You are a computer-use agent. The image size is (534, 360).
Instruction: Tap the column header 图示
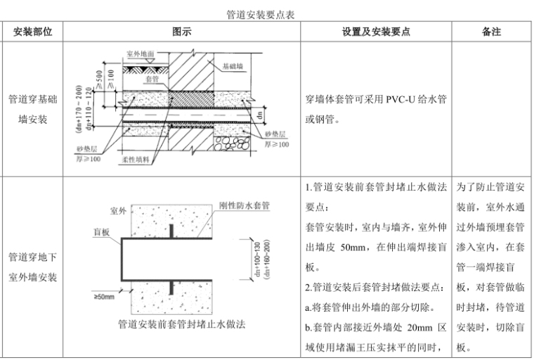click(x=181, y=32)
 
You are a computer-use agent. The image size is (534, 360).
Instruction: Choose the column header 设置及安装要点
click(x=376, y=32)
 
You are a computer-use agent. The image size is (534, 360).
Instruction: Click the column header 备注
click(x=491, y=32)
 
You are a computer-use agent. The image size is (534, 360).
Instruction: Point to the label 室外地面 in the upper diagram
click(x=141, y=53)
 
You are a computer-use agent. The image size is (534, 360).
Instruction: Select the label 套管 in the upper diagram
click(x=150, y=80)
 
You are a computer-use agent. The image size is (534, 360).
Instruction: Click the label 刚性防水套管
click(x=245, y=206)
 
